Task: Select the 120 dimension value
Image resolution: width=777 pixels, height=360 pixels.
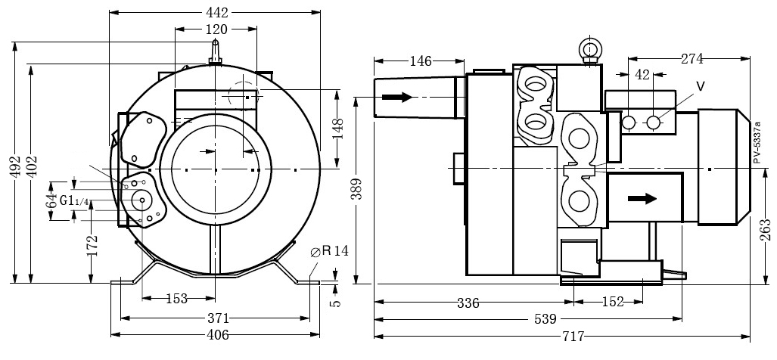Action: click(x=216, y=29)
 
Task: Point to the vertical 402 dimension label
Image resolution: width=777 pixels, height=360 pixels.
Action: click(x=31, y=168)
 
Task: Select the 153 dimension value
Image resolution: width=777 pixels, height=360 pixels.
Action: click(x=176, y=299)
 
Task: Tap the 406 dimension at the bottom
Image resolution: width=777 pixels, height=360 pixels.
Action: click(x=216, y=334)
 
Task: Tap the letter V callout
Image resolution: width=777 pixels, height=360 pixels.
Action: click(x=700, y=86)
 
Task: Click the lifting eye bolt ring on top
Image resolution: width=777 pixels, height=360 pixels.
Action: click(x=589, y=48)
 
